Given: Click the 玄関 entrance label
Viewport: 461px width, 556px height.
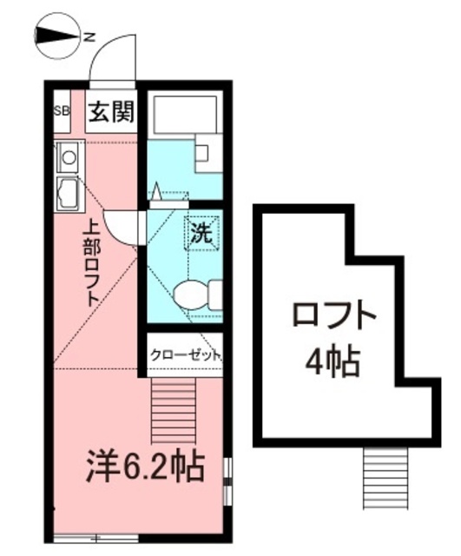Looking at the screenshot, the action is [112, 111].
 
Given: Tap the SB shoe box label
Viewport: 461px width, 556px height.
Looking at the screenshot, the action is [62, 111].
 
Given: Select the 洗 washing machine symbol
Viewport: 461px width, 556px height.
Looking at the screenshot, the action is [201, 233].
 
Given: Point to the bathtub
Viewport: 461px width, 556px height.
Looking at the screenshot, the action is [185, 114].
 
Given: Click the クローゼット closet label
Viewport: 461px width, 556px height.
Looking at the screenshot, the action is [185, 355].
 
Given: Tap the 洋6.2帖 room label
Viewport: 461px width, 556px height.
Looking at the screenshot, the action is [146, 467].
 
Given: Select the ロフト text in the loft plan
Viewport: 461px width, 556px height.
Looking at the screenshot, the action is [333, 314].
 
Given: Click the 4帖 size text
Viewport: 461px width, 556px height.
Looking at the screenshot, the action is [333, 363].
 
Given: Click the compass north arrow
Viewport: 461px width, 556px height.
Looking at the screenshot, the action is [57, 36].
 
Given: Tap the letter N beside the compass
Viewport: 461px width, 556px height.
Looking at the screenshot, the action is [90, 36].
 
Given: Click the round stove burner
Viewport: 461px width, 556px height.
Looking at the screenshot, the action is [69, 157].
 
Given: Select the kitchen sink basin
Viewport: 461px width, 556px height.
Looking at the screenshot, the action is [69, 194].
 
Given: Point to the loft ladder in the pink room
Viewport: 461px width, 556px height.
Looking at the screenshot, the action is [174, 410].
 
